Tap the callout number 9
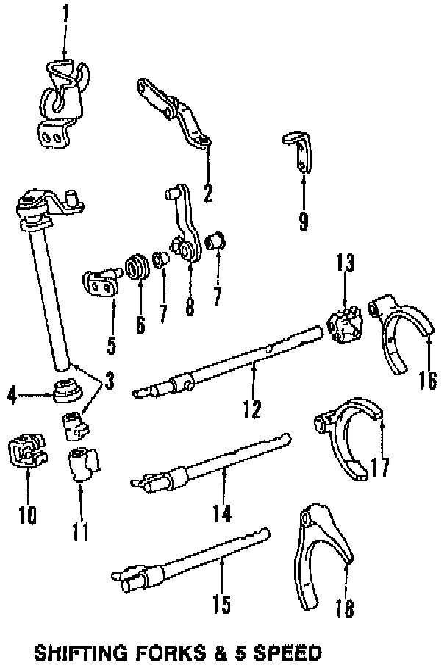[304, 221]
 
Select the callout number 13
[346, 262]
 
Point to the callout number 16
[428, 380]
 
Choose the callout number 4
[12, 396]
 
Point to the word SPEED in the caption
[287, 652]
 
